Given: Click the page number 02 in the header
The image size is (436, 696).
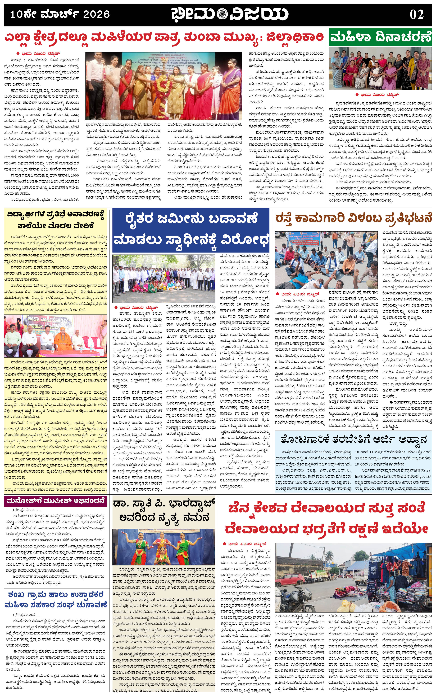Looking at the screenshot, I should (416, 14).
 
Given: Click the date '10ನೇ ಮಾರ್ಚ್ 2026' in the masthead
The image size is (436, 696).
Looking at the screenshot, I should (60, 14).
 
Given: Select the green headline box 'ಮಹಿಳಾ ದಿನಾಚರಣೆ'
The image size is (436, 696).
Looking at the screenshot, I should (380, 38).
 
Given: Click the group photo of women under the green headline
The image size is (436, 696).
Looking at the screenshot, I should (380, 69).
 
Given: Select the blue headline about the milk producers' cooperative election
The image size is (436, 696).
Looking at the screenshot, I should (55, 599).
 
